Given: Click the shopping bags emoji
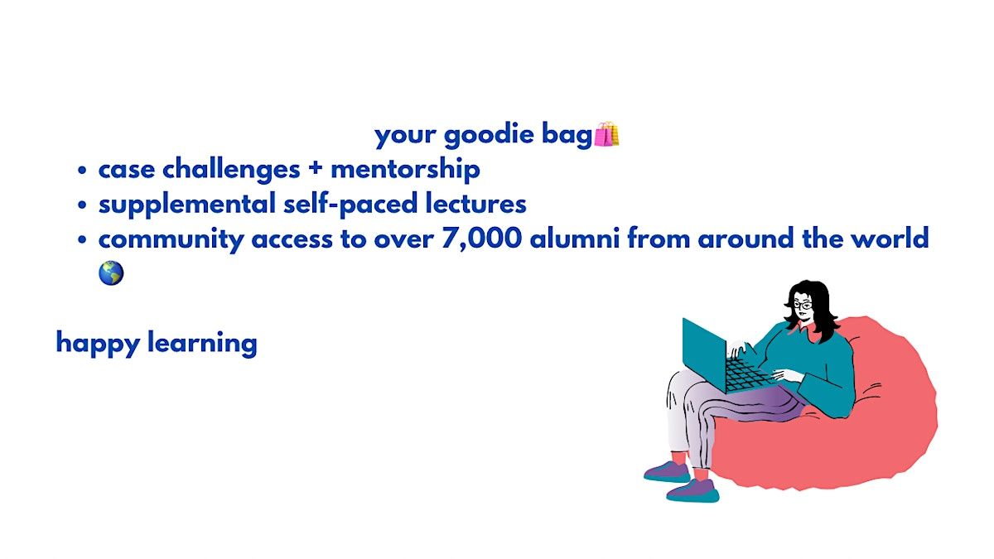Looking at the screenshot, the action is click(606, 134).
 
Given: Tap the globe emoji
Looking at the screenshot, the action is click(111, 272).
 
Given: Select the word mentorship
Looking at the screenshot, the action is click(405, 170).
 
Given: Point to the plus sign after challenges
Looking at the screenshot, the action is click(316, 170).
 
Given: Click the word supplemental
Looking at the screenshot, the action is click(187, 205).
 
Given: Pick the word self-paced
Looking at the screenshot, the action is click(350, 205).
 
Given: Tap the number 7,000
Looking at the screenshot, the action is click(481, 239).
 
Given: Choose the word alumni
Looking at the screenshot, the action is click(575, 238).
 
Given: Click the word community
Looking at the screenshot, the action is click(171, 239).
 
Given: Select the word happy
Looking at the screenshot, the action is click(98, 344).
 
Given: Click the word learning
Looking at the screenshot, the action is click(202, 344).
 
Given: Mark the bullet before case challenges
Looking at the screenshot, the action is click(82, 170).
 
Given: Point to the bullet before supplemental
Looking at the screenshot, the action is click(82, 205).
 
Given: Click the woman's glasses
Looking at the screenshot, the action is click(803, 306).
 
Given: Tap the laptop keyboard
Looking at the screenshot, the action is click(748, 375).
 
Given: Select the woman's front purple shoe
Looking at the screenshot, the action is click(692, 490).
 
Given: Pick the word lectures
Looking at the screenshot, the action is click(475, 204).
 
